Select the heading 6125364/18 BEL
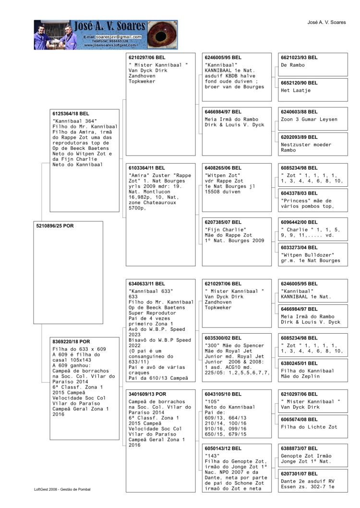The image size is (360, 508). [72, 113]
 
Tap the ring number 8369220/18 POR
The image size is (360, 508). [71, 341]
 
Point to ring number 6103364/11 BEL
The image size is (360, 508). [146, 167]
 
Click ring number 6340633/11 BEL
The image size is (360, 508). [146, 284]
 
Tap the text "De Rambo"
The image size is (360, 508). [293, 65]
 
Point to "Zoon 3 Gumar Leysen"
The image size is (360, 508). [309, 119]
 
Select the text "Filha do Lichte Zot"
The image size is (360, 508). [309, 427]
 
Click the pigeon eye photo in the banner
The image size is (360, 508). [162, 35]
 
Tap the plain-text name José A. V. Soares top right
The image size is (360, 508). [326, 23]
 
